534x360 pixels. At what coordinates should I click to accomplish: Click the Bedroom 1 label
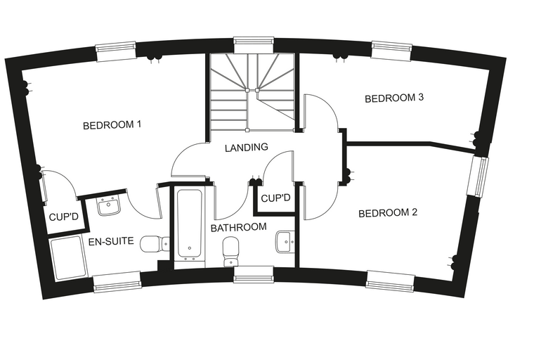point(112,124)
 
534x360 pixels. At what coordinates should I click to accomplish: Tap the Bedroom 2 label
point(388,213)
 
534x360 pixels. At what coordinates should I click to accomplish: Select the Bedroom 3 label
point(394,98)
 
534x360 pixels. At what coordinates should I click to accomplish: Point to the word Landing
point(247,147)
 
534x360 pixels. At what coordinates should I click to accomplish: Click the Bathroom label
point(238,227)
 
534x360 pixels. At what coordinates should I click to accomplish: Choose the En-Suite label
point(111,241)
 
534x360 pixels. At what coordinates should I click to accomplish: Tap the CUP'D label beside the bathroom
point(275,198)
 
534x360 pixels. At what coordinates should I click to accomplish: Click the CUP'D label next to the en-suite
point(64,217)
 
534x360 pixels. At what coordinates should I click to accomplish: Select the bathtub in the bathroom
point(189,225)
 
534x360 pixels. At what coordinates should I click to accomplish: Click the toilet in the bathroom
point(231,252)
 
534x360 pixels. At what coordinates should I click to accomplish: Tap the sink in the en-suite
point(109,205)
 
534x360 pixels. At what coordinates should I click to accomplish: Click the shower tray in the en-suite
point(68,257)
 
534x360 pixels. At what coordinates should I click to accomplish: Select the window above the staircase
point(254,41)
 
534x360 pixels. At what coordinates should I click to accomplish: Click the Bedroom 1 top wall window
point(116,51)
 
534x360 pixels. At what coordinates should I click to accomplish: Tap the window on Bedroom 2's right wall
point(478,176)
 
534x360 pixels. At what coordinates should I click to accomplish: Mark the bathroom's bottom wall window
point(254,275)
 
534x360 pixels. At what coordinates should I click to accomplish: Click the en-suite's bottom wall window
point(117,282)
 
